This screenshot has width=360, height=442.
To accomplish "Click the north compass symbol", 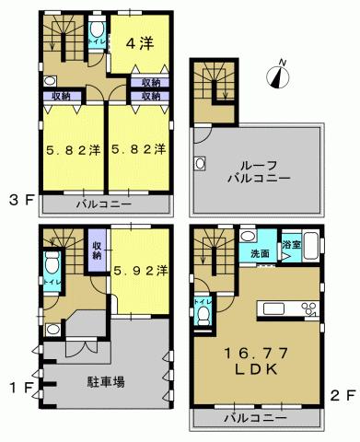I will tap(277, 75).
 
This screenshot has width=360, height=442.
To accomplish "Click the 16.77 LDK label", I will tap(260, 359).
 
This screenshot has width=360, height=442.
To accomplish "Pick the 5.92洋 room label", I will tap(140, 271).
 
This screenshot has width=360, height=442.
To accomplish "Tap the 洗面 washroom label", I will tap(260, 254).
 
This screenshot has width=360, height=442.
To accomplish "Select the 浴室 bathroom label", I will tap(291, 245).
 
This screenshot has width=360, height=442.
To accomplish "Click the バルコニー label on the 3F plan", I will tap(103, 203).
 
